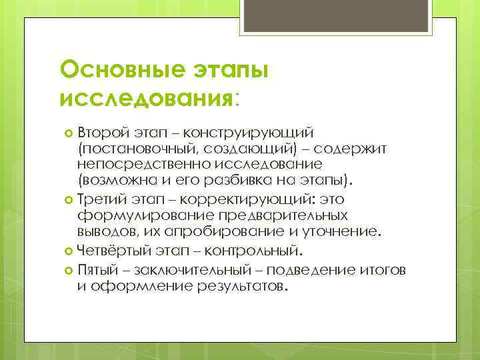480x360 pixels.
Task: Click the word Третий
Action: point(99,199)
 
